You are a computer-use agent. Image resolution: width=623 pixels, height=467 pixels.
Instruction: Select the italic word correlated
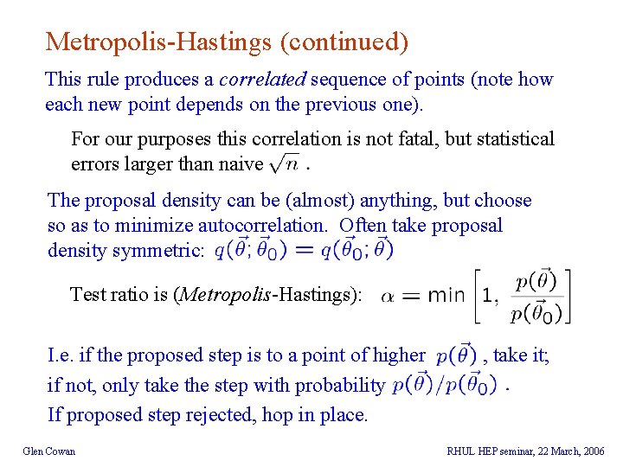click(262, 80)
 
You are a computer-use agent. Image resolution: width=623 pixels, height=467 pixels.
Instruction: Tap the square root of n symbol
click(285, 162)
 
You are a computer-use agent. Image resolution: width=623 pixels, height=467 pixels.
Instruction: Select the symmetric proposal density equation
click(304, 250)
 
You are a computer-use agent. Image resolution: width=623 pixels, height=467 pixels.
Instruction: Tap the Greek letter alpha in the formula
click(389, 296)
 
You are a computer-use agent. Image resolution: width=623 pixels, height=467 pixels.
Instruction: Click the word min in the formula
click(446, 296)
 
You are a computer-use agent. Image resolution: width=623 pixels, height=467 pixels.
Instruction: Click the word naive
click(241, 163)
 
